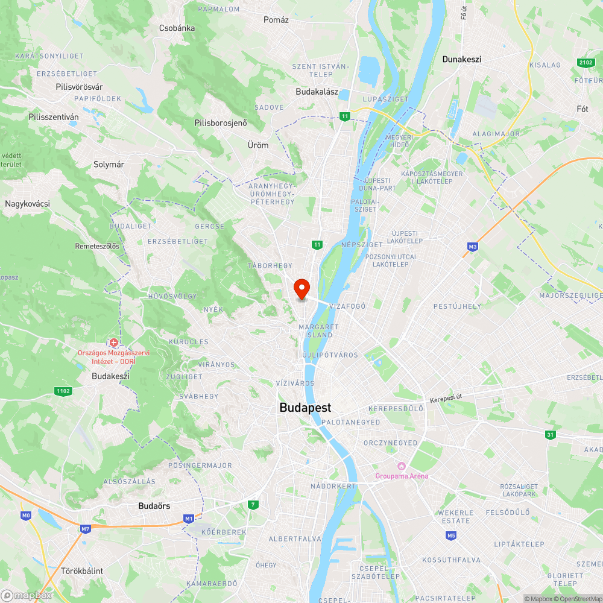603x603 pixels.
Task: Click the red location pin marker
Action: pos(301,289)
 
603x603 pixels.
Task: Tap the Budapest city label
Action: pos(305,408)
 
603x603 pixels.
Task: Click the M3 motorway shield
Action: pos(472,247)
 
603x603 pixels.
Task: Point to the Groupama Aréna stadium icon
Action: pos(401,466)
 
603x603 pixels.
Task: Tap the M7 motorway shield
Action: pos(85,528)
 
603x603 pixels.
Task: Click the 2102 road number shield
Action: pos(585,63)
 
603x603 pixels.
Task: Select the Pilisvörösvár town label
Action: pos(79,87)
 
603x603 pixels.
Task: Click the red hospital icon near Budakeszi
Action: pos(113,343)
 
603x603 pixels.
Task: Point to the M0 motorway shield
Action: pos(25,516)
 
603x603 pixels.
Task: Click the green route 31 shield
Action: pos(550,435)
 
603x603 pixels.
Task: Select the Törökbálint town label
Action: pos(82,570)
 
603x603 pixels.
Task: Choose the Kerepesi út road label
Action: pos(449,400)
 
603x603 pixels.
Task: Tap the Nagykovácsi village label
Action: pos(27,204)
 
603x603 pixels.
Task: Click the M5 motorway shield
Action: pos(451,535)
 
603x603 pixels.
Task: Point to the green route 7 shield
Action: pos(254,504)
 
